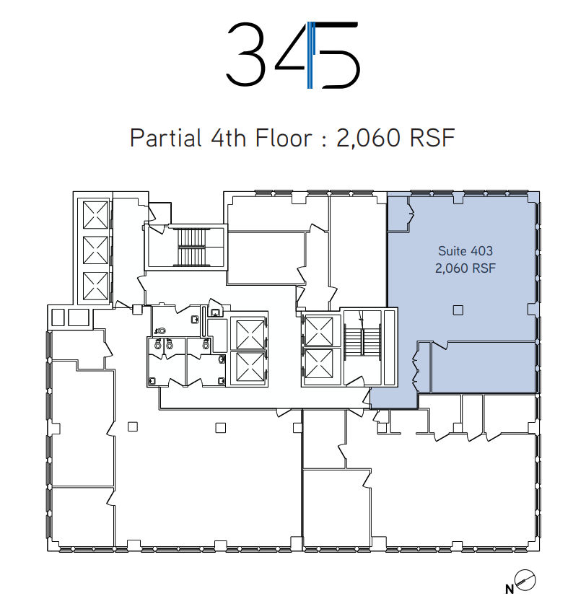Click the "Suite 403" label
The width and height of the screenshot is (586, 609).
click(465, 251)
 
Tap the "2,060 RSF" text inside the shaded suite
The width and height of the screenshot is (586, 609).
click(465, 268)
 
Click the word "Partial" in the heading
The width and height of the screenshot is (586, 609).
click(166, 138)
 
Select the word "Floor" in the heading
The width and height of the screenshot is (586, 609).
click(284, 138)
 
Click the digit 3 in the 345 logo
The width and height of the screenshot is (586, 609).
click(246, 54)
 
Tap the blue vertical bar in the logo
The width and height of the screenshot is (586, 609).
click(310, 55)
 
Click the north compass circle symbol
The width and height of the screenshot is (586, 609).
click(525, 581)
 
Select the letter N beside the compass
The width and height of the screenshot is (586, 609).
click(510, 590)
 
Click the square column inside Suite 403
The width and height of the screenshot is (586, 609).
click(458, 310)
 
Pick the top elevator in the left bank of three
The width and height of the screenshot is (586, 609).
click(95, 215)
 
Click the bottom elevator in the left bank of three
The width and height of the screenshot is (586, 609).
click(95, 286)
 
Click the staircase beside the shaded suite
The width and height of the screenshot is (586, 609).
click(363, 342)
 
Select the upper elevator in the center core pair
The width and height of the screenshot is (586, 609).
click(250, 334)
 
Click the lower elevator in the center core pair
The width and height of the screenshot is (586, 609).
click(250, 367)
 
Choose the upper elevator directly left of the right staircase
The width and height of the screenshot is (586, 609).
click(319, 331)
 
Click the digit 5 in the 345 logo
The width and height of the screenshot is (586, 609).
click(338, 55)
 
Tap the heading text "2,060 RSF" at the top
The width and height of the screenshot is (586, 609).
click(395, 138)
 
